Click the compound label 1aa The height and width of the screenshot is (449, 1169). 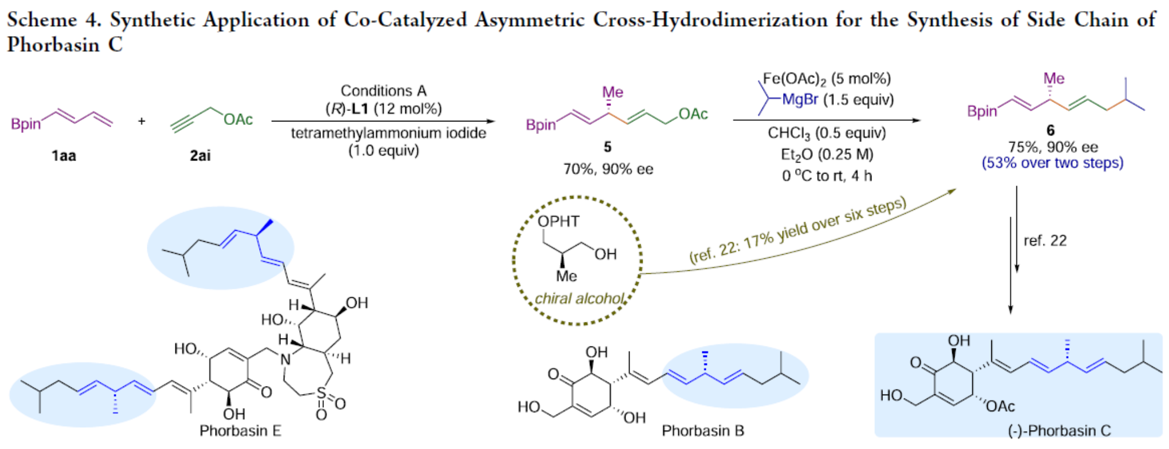(64, 155)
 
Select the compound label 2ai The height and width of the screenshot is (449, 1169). (200, 155)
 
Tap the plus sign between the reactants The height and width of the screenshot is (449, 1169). (142, 121)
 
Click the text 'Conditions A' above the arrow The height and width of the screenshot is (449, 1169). (383, 90)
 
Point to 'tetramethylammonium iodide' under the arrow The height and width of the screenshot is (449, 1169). (388, 133)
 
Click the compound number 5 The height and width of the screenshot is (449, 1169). (607, 147)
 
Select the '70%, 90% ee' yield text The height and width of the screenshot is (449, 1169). (608, 169)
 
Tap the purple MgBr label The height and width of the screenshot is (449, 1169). (800, 100)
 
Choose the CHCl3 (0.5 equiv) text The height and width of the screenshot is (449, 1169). (826, 133)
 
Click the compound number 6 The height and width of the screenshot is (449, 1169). (1050, 131)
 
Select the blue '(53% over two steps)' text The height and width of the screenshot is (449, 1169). (1052, 163)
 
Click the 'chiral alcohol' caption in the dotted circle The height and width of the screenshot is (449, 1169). (579, 299)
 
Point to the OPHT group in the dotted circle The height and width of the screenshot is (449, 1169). (558, 221)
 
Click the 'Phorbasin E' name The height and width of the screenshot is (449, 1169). (240, 431)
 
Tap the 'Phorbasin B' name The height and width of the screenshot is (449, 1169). (702, 431)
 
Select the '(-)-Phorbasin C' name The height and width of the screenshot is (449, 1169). (1059, 431)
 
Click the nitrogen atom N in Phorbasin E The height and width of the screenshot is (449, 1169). (285, 360)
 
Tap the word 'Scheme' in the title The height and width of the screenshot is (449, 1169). (42, 20)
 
